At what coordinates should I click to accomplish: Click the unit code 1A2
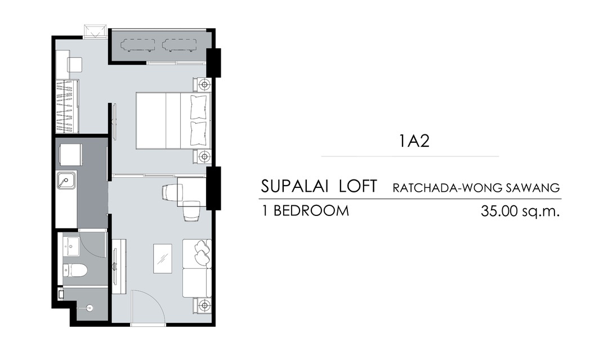point(414,141)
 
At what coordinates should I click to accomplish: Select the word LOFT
point(357,186)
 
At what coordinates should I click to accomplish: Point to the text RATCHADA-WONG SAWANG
point(476,188)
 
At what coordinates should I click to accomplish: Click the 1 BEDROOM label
point(306,211)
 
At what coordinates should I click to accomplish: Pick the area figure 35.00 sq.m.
point(520,211)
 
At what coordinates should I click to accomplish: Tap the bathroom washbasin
point(71,246)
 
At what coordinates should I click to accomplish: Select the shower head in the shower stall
point(90,308)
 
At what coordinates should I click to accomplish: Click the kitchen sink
point(66,181)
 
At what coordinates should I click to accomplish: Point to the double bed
point(173,120)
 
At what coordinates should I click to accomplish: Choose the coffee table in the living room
point(163,259)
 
